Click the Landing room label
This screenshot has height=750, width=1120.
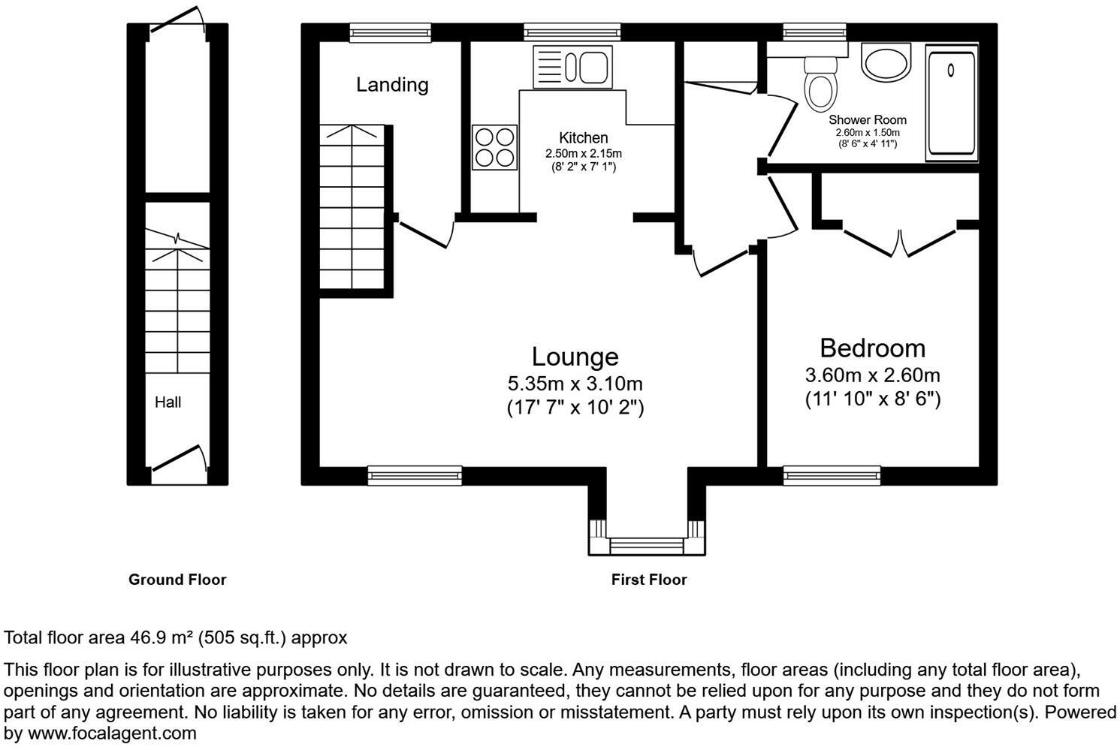(392, 85)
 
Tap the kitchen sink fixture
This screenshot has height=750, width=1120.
(572, 67)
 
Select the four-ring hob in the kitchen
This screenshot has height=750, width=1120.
(494, 147)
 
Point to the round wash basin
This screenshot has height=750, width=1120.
(886, 62)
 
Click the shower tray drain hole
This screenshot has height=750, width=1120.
(950, 71)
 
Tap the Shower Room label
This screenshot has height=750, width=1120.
(868, 120)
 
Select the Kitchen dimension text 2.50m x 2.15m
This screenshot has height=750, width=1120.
(584, 153)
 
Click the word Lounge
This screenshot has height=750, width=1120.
(575, 357)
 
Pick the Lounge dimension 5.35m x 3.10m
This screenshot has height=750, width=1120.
(575, 384)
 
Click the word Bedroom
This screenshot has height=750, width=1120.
(873, 348)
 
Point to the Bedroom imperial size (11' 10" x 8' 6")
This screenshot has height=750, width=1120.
(873, 399)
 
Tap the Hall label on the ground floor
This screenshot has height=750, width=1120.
(168, 402)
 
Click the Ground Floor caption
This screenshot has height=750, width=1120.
(177, 580)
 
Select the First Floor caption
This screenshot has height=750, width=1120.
(649, 580)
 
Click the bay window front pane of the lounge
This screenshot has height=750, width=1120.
(647, 546)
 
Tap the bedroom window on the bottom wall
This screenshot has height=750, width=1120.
(832, 476)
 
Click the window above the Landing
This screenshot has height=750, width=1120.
(390, 33)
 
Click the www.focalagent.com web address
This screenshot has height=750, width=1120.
(111, 733)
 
